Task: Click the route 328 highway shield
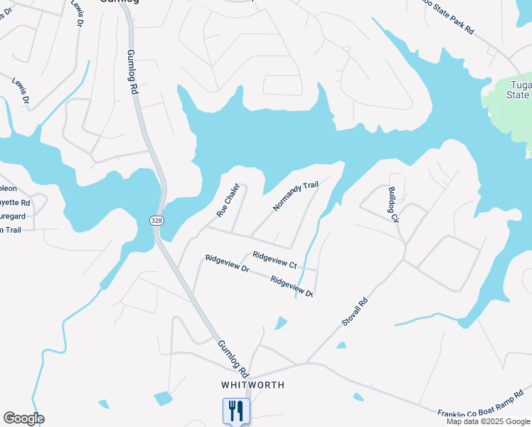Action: pos(156,221)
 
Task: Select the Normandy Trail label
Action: pos(295,196)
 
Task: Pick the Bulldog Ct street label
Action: pos(393,205)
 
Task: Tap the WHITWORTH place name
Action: pos(252,385)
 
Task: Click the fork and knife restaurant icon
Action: pos(236,411)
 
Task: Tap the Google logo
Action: pos(23,418)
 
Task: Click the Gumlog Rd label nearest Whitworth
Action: pos(233,359)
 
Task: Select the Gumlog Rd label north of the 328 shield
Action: pos(133,71)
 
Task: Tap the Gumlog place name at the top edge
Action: pos(118,2)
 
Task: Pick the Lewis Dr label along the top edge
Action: pos(76,14)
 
